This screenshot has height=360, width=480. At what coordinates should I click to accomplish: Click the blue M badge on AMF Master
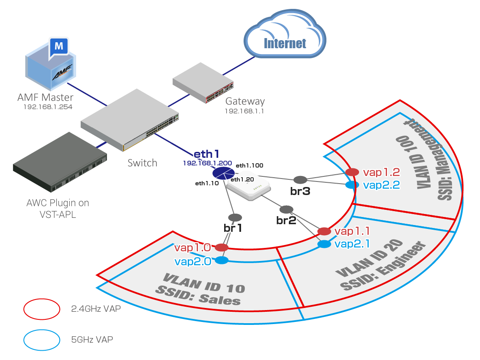[x=59, y=46]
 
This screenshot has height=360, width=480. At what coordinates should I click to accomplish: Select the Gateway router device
[x=203, y=83]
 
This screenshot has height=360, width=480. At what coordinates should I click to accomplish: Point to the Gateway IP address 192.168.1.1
[x=244, y=111]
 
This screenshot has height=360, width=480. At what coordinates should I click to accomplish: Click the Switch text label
[x=142, y=163]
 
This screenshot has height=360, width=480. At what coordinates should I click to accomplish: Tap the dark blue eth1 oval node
[x=223, y=173]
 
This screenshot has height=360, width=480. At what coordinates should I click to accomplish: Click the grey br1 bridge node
[x=235, y=217]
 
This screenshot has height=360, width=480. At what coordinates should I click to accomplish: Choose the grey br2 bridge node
[x=286, y=209]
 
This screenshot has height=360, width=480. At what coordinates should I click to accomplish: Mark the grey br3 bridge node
[x=300, y=179]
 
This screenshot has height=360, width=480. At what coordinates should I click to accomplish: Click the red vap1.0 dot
[x=222, y=247]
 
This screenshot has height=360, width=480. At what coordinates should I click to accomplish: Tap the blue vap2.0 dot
[x=222, y=261]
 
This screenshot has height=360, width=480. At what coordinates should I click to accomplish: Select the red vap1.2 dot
[x=352, y=172]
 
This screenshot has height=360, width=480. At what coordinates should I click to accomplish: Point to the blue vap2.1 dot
[x=324, y=244]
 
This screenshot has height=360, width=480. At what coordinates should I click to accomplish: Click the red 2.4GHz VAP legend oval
[x=41, y=309]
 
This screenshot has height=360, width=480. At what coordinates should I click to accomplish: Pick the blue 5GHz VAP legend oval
[x=41, y=339]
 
